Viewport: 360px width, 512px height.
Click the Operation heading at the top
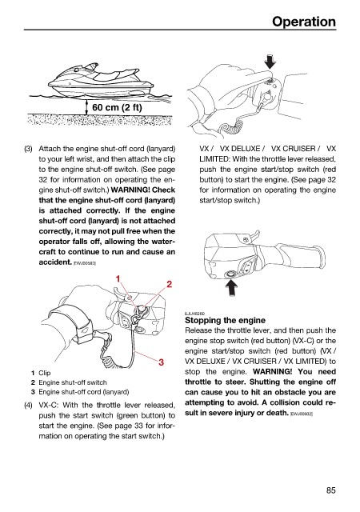tap(304, 22)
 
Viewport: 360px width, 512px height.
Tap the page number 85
tap(330, 490)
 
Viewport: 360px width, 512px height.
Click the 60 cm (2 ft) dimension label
tap(117, 107)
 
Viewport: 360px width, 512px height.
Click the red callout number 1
tap(118, 279)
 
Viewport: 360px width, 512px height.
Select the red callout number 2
tap(170, 284)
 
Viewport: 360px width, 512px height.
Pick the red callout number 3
tap(161, 362)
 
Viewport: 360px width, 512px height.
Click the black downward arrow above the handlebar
tap(270, 62)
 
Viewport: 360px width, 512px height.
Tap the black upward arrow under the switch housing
tap(232, 287)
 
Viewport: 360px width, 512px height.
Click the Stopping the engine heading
tap(225, 320)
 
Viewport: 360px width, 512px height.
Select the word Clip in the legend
tap(45, 373)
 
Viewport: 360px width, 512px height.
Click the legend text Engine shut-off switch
tap(73, 382)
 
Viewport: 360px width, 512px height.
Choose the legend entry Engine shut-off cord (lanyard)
tap(84, 392)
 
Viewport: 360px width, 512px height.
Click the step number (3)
tap(29, 149)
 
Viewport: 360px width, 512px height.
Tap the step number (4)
tap(29, 406)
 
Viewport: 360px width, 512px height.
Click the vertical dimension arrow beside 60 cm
tap(86, 107)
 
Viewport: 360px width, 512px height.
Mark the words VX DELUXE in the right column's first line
tap(240, 149)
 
